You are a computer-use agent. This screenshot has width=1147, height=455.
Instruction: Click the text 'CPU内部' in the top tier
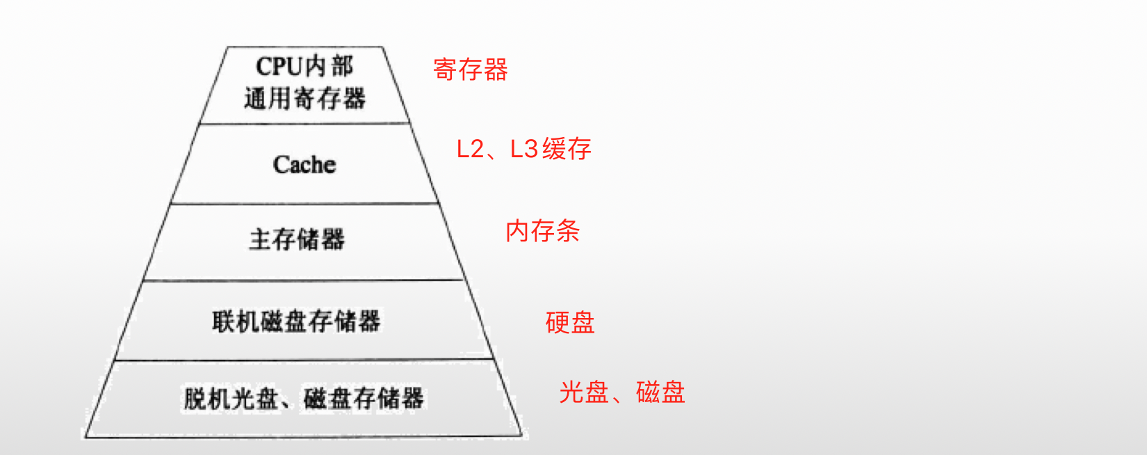coord(304,67)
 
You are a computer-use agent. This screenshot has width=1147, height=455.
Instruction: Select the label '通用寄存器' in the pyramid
coord(304,98)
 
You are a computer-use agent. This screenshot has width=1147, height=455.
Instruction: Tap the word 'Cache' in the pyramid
coord(304,165)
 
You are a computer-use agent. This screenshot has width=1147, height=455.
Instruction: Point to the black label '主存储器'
coord(297,239)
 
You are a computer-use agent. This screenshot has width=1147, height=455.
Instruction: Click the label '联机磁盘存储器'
coord(297,321)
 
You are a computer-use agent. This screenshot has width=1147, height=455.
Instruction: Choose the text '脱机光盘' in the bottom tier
coord(231,399)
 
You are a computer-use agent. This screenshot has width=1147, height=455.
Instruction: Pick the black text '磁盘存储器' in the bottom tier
coord(364,399)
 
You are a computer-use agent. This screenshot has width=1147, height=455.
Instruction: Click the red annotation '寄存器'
coord(471,70)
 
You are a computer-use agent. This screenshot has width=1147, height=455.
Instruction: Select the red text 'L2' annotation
coord(470,149)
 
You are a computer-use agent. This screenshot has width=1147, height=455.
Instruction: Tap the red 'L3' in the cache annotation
coord(524,149)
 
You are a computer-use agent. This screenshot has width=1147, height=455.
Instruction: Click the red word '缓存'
coord(567,149)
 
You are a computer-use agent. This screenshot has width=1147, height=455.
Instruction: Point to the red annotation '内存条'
coord(542,231)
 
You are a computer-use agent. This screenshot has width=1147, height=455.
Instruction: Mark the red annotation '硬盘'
coord(570,323)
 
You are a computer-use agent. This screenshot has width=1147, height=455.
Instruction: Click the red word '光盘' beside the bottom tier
coord(584,392)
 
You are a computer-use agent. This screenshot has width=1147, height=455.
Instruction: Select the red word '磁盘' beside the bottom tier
coord(660,392)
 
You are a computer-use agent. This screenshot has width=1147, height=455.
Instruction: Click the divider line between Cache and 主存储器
coord(304,203)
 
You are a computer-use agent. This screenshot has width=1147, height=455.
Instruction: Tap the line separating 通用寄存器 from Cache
coord(304,124)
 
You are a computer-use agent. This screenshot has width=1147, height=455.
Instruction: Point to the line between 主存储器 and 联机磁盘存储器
coord(303,280)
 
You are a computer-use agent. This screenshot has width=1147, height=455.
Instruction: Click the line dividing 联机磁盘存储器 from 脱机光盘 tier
coord(303,360)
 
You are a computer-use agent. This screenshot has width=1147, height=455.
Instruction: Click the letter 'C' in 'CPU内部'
coord(263,67)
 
